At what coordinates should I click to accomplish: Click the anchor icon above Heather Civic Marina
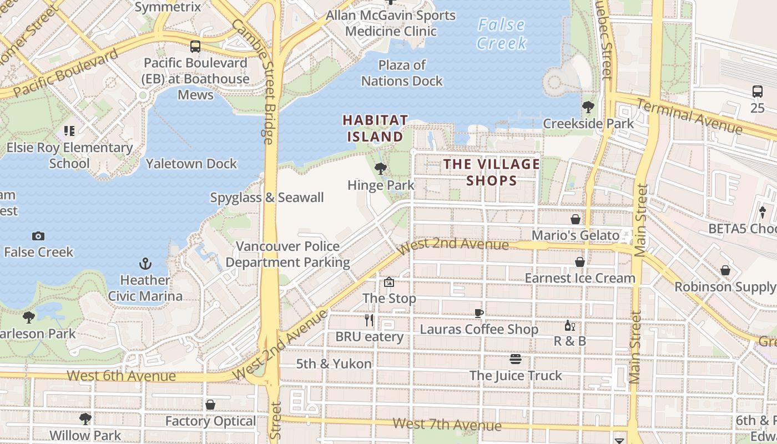(x=145, y=263)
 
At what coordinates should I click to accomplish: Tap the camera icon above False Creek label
(x=38, y=236)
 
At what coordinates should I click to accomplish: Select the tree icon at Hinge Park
(x=380, y=168)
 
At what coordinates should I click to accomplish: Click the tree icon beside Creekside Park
(x=588, y=107)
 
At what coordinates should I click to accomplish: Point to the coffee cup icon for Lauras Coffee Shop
(x=479, y=313)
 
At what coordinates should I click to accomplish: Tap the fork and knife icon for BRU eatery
(x=369, y=320)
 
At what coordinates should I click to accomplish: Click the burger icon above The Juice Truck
(x=515, y=359)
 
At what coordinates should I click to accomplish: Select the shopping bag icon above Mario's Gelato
(x=576, y=219)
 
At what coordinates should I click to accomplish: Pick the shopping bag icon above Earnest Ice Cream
(x=580, y=261)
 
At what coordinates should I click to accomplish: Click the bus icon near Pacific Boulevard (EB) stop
(x=195, y=47)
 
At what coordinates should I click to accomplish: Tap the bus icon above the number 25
(x=757, y=92)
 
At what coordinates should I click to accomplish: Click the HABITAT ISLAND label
(x=375, y=128)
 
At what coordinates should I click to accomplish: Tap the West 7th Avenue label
(x=447, y=425)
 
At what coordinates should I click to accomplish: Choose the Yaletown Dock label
(x=191, y=164)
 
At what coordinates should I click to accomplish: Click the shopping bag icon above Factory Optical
(x=210, y=405)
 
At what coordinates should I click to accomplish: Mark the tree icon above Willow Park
(x=85, y=418)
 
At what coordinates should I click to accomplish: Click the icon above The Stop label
(x=389, y=282)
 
